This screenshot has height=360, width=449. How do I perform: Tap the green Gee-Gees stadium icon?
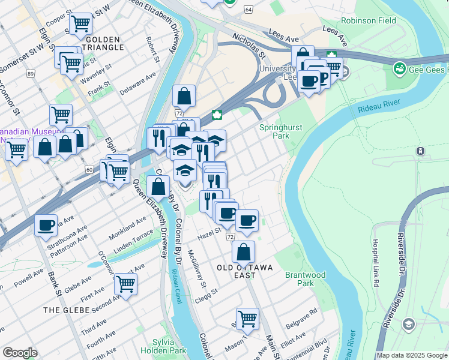click(x=398, y=70)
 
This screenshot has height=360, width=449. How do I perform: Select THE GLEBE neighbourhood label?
click(x=67, y=310)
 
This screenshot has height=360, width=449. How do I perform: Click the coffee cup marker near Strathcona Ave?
click(x=46, y=226)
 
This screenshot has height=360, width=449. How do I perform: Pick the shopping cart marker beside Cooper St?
click(x=80, y=24)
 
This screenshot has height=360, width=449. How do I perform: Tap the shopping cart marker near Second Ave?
click(x=125, y=284)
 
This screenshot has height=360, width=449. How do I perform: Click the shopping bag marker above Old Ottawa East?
click(x=243, y=251)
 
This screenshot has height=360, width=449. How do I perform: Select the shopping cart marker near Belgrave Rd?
click(x=247, y=319)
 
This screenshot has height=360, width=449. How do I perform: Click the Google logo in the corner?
click(x=20, y=353)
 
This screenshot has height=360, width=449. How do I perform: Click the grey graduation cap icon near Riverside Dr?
click(x=409, y=325)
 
